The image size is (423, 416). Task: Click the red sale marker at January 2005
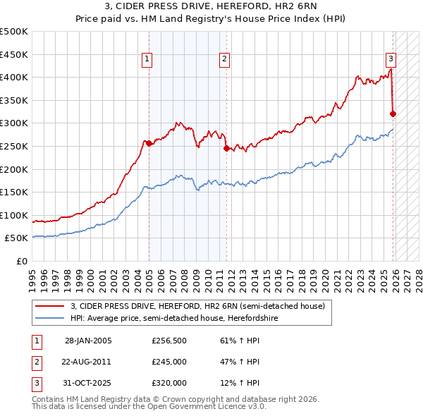[149, 143]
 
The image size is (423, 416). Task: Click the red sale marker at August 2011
[226, 148]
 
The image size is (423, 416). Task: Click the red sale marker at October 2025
[393, 114]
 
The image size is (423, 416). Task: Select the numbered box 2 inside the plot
[225, 59]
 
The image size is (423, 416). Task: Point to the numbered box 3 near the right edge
[391, 59]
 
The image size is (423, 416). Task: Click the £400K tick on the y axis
[14, 78]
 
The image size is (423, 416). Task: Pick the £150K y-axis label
[14, 192]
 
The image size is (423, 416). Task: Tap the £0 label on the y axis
[21, 261]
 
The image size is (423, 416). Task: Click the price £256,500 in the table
[168, 341]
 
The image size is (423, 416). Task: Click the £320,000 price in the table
[168, 383]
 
